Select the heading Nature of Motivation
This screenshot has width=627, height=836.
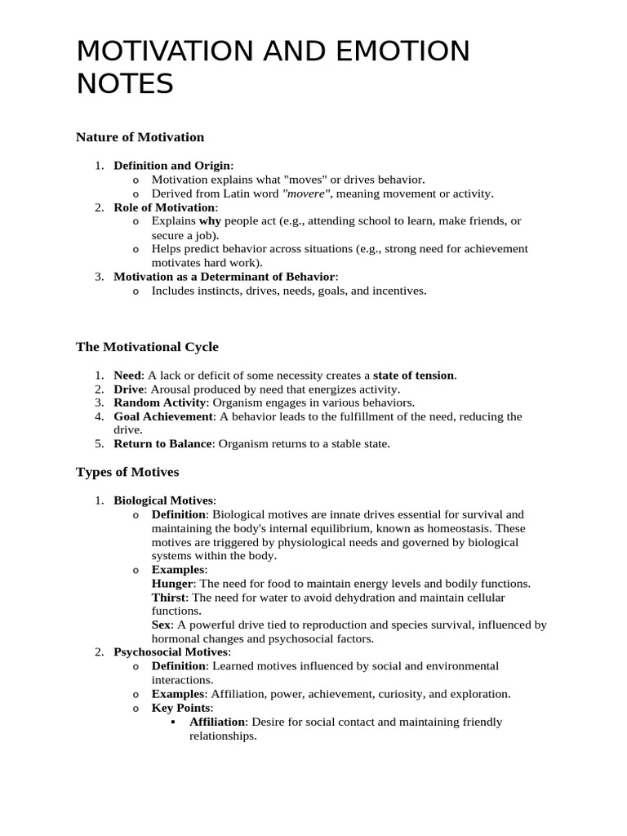tap(140, 137)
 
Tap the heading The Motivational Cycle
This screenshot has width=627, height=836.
tap(147, 347)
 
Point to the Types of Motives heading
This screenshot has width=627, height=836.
tap(127, 472)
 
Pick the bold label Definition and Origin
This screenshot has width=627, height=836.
tap(172, 166)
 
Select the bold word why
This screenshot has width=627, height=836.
tap(210, 221)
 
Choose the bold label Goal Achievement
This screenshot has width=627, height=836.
tap(163, 416)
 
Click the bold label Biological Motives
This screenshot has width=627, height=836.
tap(163, 500)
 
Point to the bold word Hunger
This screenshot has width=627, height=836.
tap(172, 584)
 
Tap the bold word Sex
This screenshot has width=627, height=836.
tap(161, 625)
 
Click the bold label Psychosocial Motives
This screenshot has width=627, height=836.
tap(171, 652)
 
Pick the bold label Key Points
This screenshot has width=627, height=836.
tap(181, 708)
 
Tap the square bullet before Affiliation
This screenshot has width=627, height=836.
tap(175, 723)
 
